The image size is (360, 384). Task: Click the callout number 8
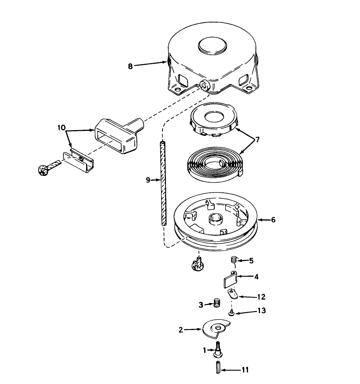click(x=130, y=66)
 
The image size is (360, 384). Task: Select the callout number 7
click(x=257, y=139)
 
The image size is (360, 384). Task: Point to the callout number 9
click(x=148, y=180)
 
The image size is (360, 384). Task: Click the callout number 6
click(x=273, y=220)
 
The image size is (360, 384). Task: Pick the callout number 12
click(x=261, y=297)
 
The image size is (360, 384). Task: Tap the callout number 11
click(x=245, y=370)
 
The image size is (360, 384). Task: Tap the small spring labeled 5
click(x=233, y=259)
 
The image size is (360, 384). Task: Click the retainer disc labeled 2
click(x=215, y=328)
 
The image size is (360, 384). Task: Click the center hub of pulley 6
click(x=216, y=218)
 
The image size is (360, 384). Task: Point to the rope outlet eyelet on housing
click(x=205, y=85)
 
